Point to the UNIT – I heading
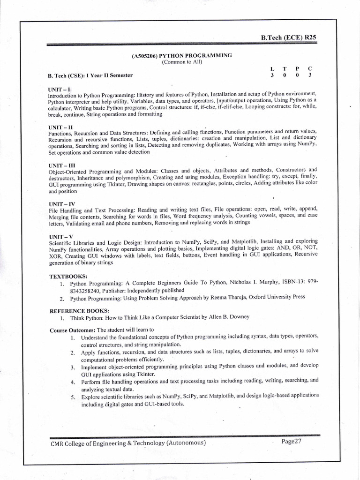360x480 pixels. point(59,89)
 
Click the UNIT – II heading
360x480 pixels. point(60,127)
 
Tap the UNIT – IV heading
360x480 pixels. point(61,204)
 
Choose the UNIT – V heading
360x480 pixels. point(60,236)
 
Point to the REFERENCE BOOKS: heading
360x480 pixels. point(79,310)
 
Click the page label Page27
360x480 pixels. point(292,442)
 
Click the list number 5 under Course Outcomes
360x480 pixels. point(73,397)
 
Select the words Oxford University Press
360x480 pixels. point(277,297)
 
